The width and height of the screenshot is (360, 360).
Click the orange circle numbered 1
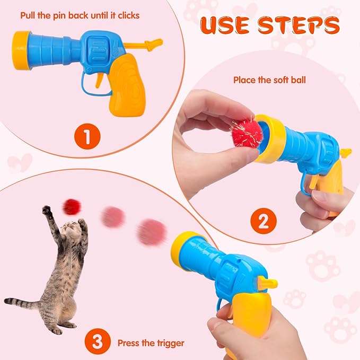[87, 138]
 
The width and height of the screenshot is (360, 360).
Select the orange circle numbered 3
[95, 342]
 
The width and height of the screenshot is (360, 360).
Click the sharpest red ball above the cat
[71, 207]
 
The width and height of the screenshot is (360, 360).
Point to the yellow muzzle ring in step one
[22, 50]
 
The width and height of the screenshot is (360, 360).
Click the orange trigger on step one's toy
[99, 79]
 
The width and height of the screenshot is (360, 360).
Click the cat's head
[69, 231]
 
